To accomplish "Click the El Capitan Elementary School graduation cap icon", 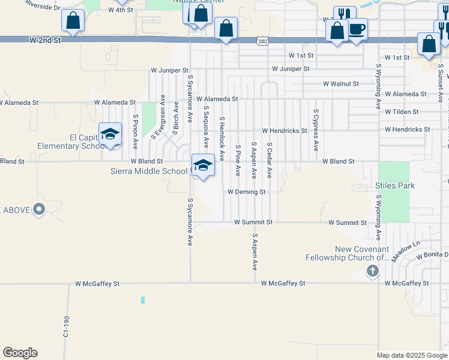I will click(x=110, y=134).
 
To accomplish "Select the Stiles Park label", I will click(x=395, y=186).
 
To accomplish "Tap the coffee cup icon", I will click(x=357, y=29).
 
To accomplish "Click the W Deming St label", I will click(x=246, y=192).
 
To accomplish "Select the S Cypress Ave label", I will click(x=315, y=130).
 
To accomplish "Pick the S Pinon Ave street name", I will click(x=136, y=131).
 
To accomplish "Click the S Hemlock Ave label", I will click(x=221, y=139).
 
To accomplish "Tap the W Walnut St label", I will click(x=340, y=84).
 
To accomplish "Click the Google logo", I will click(x=20, y=353).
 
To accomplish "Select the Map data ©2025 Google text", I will click(x=411, y=355).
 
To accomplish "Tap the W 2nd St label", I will click(x=45, y=40).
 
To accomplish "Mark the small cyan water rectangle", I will click(x=143, y=300).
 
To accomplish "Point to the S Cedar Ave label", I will click(x=270, y=160).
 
